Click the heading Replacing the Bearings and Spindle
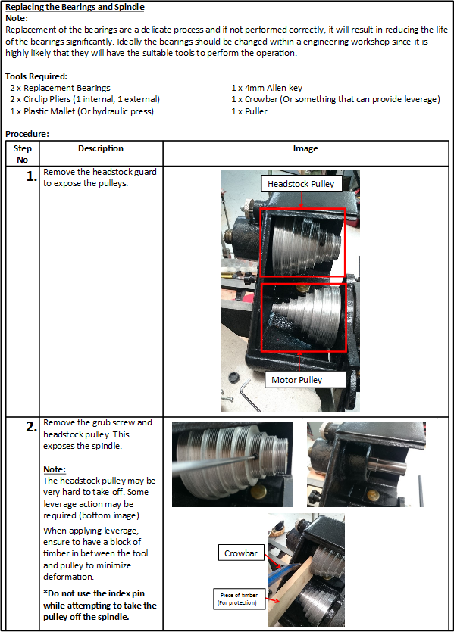pos(75,7)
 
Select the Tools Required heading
pos(36,76)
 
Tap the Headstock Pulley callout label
pos(301,184)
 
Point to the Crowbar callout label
pos(241,553)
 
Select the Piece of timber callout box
pos(239,599)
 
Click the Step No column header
pos(23,154)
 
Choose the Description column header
pos(101,148)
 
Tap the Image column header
pos(305,148)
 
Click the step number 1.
pos(32,176)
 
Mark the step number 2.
pos(32,427)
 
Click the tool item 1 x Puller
pos(249,111)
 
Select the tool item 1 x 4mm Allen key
pos(267,88)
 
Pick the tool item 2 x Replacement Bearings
pos(60,88)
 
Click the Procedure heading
pos(27,134)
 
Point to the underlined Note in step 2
pos(55,469)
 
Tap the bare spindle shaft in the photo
pos(385,465)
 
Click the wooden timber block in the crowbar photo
pos(290,589)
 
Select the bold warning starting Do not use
pos(100,605)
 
